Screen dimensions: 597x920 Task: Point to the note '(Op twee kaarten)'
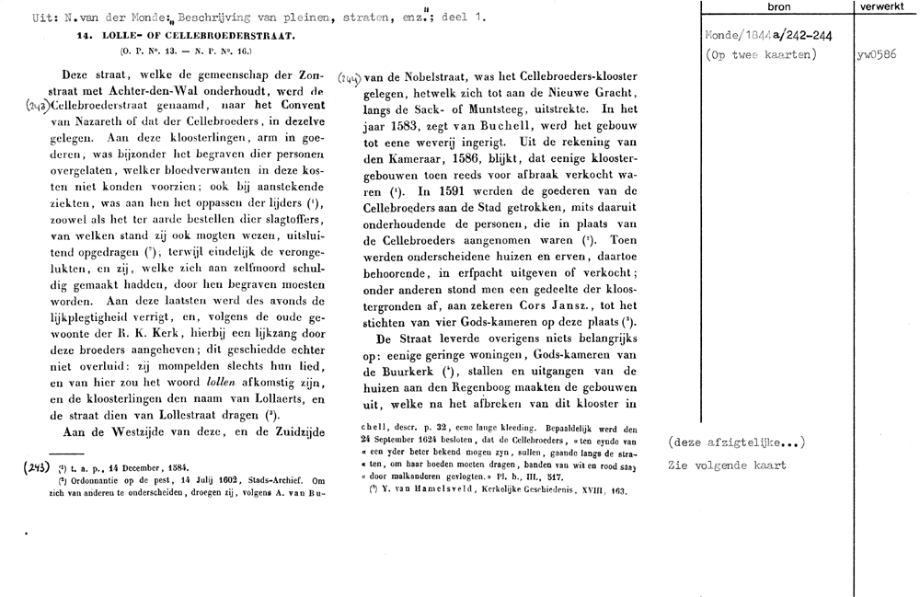(x=755, y=55)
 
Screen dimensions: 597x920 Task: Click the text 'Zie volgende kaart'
(x=727, y=465)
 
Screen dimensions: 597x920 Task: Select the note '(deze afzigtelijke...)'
(x=737, y=443)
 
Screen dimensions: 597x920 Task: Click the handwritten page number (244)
(x=350, y=78)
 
